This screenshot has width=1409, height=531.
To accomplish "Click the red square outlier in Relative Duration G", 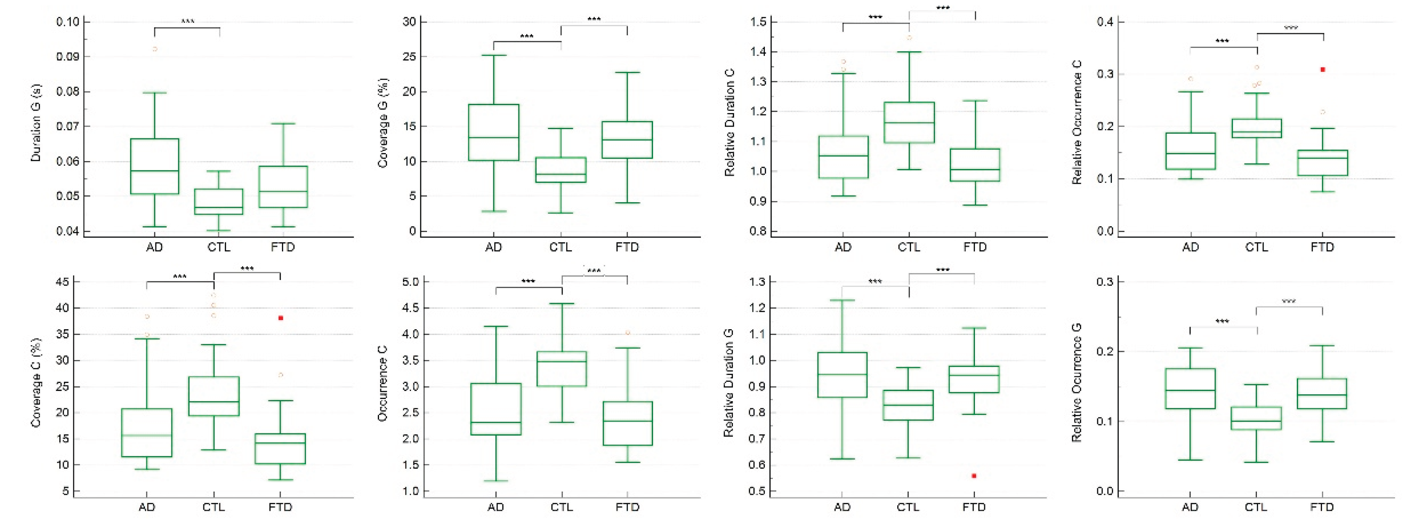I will tap(974, 476).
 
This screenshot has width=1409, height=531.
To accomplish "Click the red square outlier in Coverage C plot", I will tap(281, 318).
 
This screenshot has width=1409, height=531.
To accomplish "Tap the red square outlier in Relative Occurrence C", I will tap(1322, 69).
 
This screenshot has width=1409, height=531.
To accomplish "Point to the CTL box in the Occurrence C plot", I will tap(562, 369).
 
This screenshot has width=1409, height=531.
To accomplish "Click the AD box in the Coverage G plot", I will tap(493, 132).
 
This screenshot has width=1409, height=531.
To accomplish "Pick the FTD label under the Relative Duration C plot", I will tap(975, 248).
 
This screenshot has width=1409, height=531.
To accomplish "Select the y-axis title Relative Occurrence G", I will tap(1077, 383).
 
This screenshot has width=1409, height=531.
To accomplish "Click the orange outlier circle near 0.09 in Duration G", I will tap(155, 49).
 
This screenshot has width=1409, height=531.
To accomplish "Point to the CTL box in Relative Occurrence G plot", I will tap(1256, 418).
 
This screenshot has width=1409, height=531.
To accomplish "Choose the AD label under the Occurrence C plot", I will tap(495, 507).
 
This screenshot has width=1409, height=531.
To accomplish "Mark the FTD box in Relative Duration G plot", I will tap(974, 379).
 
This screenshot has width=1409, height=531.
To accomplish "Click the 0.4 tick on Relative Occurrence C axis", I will tap(1106, 22).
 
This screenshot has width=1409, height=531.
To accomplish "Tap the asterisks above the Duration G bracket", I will tap(187, 22).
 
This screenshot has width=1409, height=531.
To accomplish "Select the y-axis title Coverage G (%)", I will tap(383, 123).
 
